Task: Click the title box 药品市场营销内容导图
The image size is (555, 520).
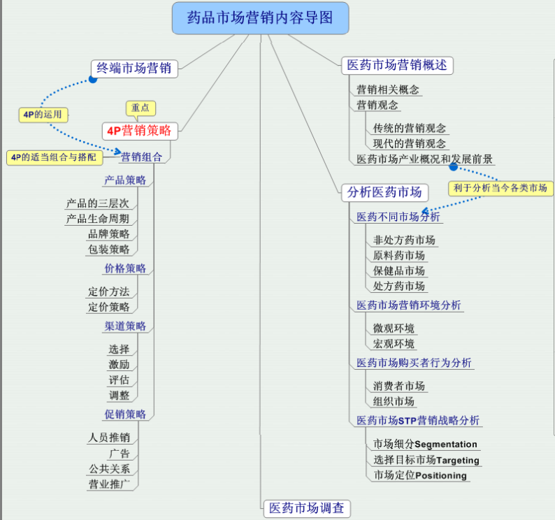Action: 260,18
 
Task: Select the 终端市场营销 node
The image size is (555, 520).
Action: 134,68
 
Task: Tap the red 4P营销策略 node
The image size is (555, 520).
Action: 139,130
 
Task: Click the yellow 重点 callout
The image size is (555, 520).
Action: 140,108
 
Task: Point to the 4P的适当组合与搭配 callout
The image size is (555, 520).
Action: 54,157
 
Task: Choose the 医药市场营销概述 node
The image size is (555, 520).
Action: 397,66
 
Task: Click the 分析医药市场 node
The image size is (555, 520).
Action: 384,192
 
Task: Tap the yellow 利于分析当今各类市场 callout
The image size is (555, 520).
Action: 500,187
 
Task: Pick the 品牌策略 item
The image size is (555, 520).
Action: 108,234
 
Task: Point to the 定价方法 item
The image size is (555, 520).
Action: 108,291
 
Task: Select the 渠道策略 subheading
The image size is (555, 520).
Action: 125,326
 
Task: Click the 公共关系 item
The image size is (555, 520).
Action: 109,469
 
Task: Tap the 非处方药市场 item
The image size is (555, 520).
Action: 404,240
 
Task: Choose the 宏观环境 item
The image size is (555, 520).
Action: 394,344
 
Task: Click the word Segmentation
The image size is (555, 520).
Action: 446,445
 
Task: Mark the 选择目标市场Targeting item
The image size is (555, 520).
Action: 426,460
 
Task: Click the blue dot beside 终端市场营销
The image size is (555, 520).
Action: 92,80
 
